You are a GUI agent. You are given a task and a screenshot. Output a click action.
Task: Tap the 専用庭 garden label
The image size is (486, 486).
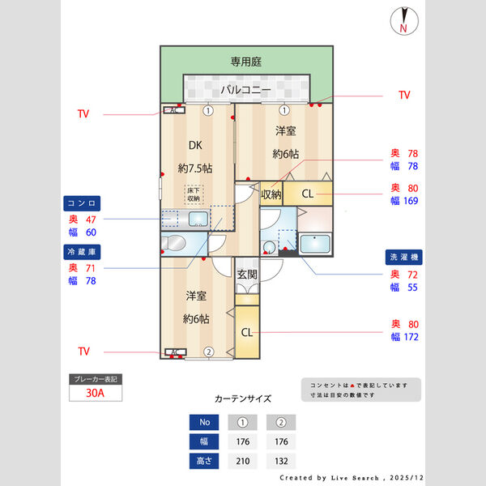[246, 62]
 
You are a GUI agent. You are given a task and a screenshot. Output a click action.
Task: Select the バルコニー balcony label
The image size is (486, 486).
[245, 89]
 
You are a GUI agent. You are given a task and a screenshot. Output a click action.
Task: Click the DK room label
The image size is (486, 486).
[195, 146]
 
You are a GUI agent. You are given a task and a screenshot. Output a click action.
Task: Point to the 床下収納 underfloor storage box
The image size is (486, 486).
[194, 194]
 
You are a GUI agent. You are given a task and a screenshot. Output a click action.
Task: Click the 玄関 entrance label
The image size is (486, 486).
[247, 274]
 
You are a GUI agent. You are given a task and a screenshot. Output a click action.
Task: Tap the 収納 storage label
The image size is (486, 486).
[271, 194]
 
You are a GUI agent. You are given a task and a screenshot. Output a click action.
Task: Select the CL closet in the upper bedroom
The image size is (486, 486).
[308, 194]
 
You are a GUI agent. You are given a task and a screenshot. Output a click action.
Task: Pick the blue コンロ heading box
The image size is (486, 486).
[82, 202]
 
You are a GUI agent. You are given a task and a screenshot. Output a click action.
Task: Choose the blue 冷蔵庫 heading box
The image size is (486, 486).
[82, 252]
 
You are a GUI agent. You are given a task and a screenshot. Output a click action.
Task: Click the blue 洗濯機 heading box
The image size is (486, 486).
[402, 258]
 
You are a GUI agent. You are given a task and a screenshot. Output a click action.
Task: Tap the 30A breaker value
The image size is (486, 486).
[96, 394]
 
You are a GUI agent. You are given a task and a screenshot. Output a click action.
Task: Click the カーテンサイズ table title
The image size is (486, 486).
[243, 399]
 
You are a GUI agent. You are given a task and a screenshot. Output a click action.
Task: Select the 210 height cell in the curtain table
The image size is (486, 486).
[242, 462]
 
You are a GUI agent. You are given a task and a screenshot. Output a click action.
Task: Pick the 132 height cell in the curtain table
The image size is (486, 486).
[280, 462]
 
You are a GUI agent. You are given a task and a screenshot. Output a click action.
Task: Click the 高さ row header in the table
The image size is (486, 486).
[203, 462]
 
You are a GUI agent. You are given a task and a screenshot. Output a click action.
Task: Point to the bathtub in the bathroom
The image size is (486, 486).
[315, 243]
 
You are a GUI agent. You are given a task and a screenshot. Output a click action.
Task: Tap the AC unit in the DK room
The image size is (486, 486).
[173, 111]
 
